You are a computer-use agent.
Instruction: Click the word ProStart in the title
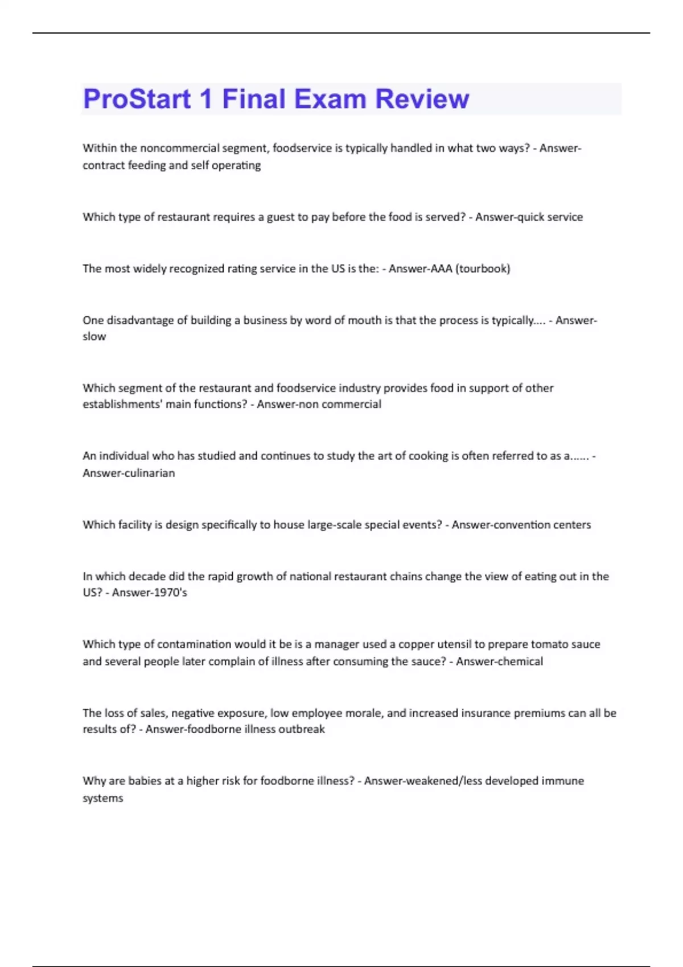(x=137, y=99)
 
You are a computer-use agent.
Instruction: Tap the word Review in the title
(x=422, y=99)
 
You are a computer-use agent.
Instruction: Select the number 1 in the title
(x=206, y=99)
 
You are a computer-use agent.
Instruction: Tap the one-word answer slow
(x=94, y=337)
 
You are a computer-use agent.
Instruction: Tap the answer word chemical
(x=520, y=662)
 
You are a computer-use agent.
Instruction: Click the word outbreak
(x=302, y=729)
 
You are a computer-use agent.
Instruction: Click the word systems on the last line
(x=103, y=798)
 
